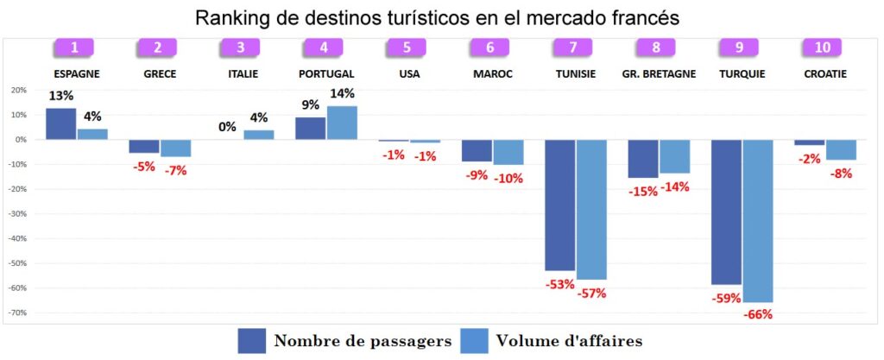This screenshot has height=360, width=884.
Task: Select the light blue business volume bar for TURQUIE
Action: [757, 220]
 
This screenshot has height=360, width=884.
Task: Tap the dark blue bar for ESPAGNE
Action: [60, 123]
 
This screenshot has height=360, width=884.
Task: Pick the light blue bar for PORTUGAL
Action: [342, 123]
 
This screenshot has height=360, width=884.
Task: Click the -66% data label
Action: [757, 315]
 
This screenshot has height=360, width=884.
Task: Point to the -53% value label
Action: [559, 284]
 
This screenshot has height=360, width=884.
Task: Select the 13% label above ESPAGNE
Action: [60, 95]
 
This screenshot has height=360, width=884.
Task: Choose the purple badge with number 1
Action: [76, 48]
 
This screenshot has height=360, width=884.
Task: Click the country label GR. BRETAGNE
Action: [659, 74]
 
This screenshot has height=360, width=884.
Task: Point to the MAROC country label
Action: [493, 74]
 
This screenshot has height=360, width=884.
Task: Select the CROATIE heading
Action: [824, 74]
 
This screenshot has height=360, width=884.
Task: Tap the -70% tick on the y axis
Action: [17, 313]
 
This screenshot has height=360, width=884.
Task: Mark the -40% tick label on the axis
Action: [17, 238]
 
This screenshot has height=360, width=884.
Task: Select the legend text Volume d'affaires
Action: [569, 341]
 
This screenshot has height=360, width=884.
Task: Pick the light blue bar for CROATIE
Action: [841, 149]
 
